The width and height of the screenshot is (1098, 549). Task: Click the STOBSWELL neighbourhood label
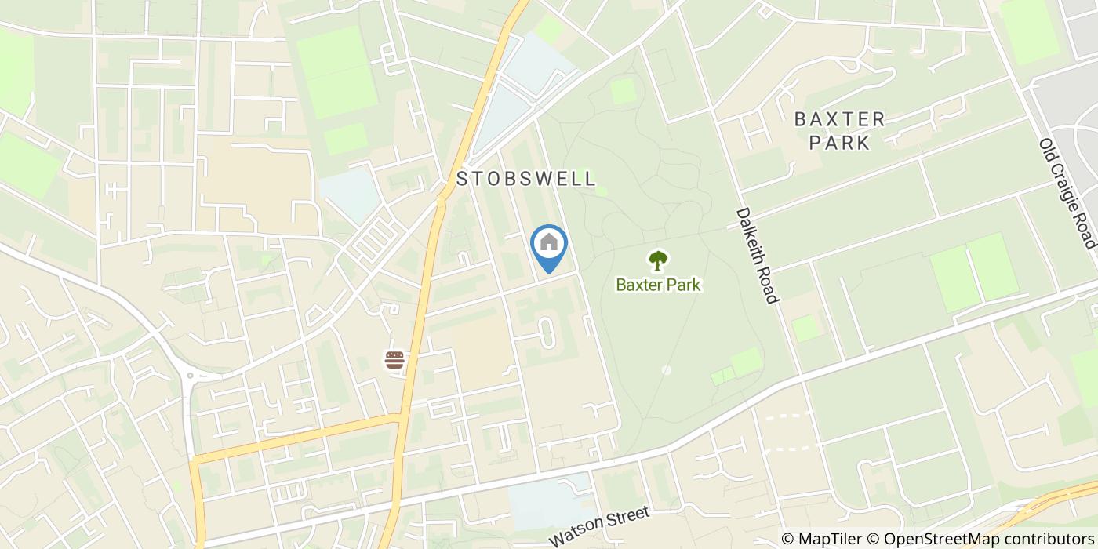pyautogui.click(x=526, y=179)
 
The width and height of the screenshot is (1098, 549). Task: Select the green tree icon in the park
pyautogui.click(x=658, y=260)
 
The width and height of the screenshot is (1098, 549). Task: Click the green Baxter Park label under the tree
pyautogui.click(x=658, y=285)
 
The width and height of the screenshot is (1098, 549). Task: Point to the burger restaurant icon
pyautogui.click(x=394, y=360)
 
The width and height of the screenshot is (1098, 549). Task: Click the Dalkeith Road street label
pyautogui.click(x=758, y=256)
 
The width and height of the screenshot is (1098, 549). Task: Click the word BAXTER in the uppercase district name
pyautogui.click(x=840, y=119)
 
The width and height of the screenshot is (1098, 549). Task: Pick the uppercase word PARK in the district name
pyautogui.click(x=840, y=143)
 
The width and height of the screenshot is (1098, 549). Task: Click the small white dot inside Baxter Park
pyautogui.click(x=666, y=369)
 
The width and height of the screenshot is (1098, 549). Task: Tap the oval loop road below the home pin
pyautogui.click(x=547, y=333)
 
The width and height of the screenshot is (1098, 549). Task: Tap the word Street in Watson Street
pyautogui.click(x=624, y=518)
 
